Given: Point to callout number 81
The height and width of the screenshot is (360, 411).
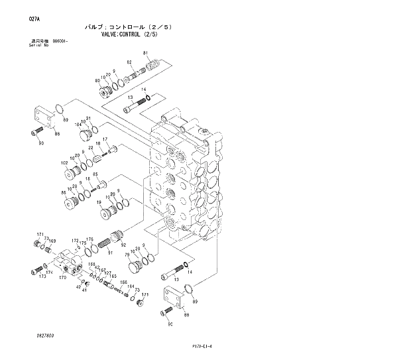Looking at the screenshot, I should pyautogui.click(x=146, y=52).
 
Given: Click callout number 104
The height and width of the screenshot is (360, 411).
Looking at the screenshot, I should pyautogui.click(x=78, y=124).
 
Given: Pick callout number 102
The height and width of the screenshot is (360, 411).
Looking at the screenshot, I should pyautogui.click(x=64, y=162).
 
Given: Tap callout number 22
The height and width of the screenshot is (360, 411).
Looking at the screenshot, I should pyautogui.click(x=91, y=148).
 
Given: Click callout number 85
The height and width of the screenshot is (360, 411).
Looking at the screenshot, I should pyautogui.click(x=95, y=174).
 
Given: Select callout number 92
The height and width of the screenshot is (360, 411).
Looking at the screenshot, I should pyautogui.click(x=123, y=245).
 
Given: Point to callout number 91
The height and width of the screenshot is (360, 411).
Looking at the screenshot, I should pyautogui.click(x=110, y=252).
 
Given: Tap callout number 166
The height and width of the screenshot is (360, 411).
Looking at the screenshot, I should pyautogui.click(x=123, y=283).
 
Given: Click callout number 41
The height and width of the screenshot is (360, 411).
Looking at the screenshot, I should pyautogui.click(x=84, y=288).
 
